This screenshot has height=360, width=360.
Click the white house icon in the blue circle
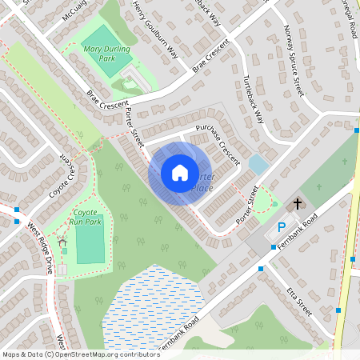pos(180,172)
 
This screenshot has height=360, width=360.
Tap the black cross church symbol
pos(298,204)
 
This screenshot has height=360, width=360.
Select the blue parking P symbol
pos(282,227)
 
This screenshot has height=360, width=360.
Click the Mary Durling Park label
pos(106,53)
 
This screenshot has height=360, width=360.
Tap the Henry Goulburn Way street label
pos(155,30)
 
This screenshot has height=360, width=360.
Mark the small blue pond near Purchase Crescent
pos(258,165)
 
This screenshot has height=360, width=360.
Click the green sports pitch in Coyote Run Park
pos(90,244)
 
